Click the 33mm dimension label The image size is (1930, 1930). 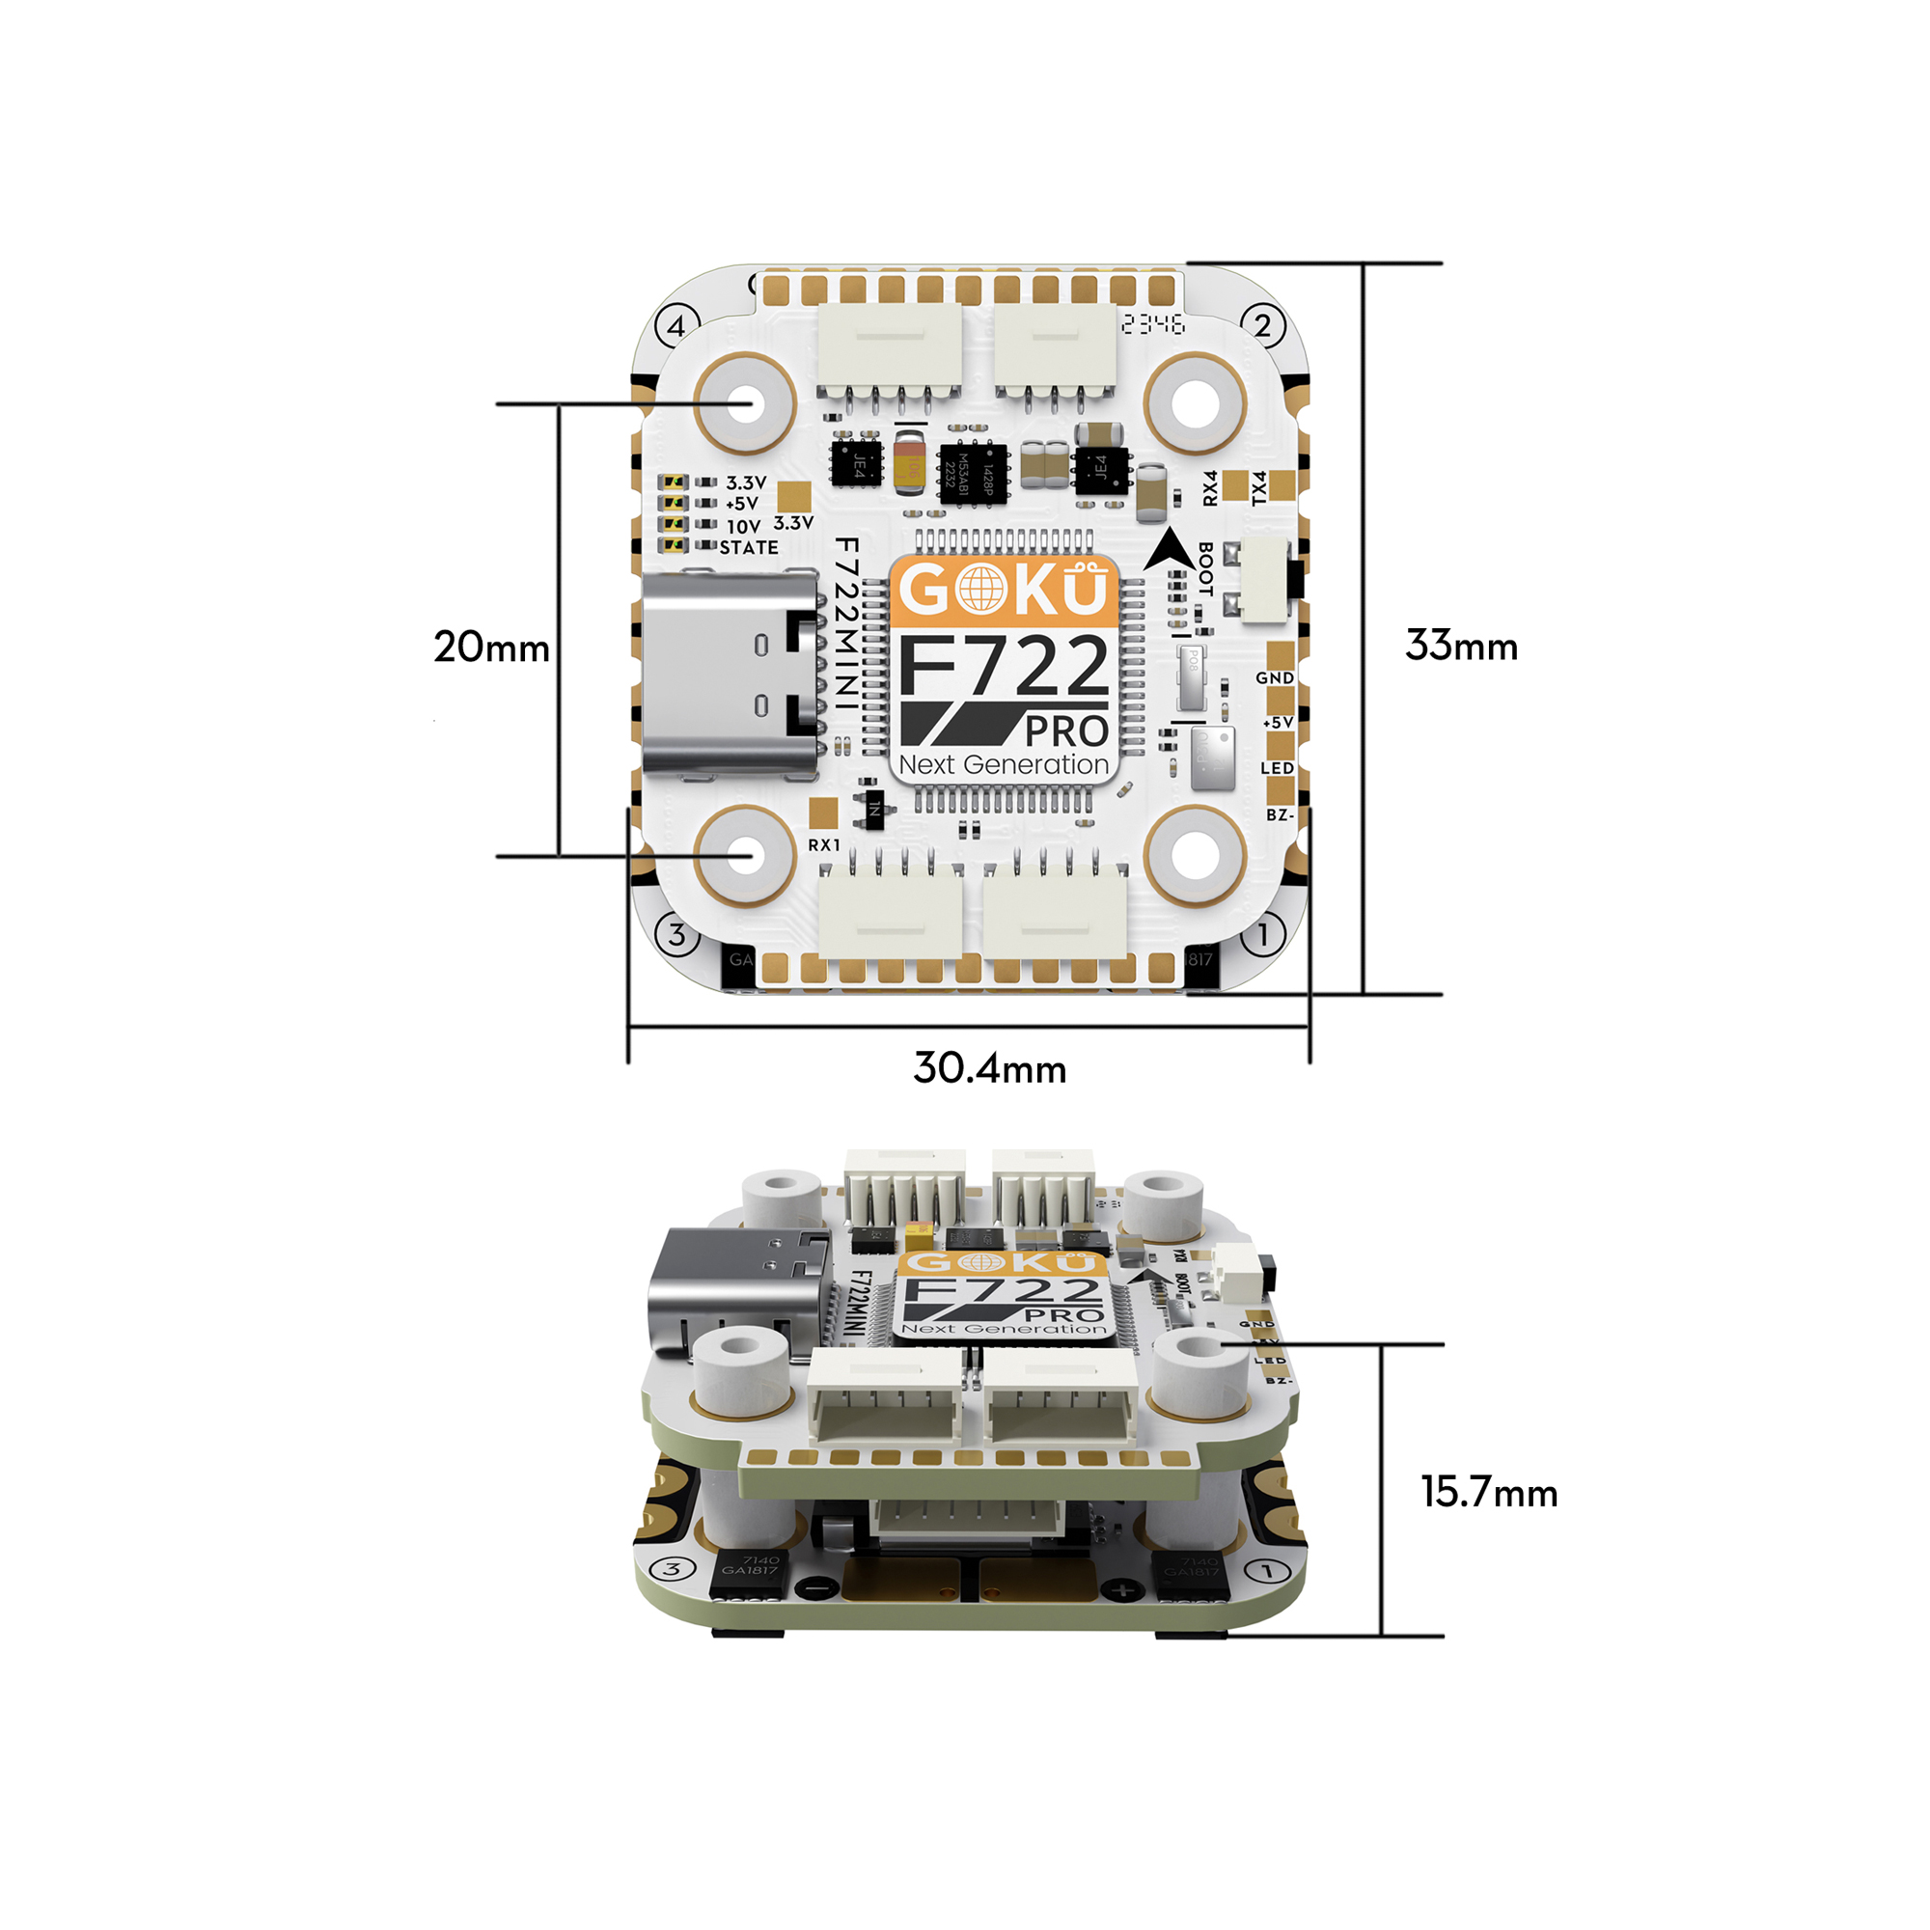tap(1460, 646)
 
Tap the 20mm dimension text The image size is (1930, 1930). tap(490, 648)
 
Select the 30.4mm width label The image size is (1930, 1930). tap(989, 1068)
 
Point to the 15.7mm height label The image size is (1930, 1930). tap(1488, 1493)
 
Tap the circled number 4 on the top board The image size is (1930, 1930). tap(676, 325)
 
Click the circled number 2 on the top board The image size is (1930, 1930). tap(1262, 325)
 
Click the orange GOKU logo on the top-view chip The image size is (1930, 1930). tap(1003, 591)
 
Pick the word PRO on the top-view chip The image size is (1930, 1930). tap(1065, 731)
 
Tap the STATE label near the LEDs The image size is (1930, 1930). tap(748, 547)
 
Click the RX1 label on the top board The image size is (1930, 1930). tap(824, 845)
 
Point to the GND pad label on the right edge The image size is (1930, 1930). tap(1275, 677)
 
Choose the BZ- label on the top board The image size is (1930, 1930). tap(1280, 815)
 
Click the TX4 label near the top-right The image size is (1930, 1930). tap(1258, 487)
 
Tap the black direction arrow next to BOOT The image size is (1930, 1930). tap(1168, 550)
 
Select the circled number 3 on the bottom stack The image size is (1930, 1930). tap(673, 1568)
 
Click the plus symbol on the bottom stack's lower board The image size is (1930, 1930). tap(1123, 1589)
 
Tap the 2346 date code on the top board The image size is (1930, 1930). tap(1153, 323)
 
